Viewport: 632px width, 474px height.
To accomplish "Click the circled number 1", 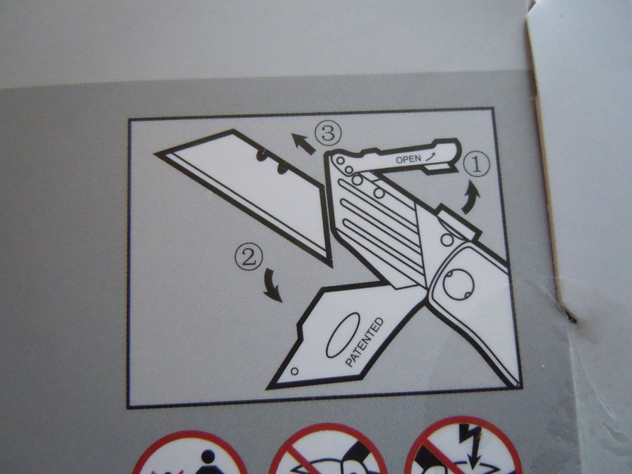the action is (x=476, y=166).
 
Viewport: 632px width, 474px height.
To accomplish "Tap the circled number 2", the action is (x=249, y=257).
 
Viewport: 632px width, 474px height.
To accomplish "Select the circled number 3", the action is (x=328, y=133).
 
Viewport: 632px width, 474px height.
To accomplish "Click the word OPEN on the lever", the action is (x=408, y=159).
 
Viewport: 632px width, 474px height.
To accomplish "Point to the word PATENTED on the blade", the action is (x=364, y=342).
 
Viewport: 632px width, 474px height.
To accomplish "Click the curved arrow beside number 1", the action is (x=470, y=197).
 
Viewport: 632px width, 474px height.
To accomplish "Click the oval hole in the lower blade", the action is (x=343, y=336).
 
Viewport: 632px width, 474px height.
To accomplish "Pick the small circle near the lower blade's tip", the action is (x=295, y=371).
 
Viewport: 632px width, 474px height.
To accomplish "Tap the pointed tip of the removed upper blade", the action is (x=155, y=154).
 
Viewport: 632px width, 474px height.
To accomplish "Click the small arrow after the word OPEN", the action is (x=431, y=156).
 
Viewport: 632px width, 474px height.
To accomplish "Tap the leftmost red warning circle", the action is (x=190, y=454).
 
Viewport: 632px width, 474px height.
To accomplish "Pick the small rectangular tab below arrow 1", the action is (x=459, y=223).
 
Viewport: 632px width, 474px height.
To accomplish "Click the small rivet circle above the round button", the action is (x=447, y=239).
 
